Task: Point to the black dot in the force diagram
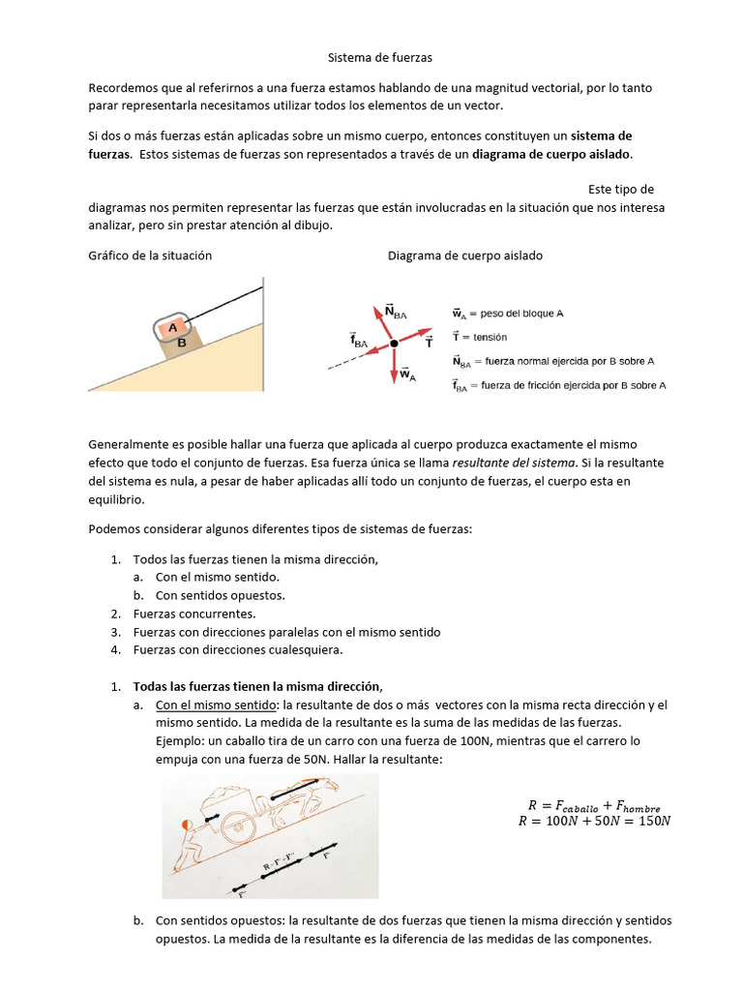pos(394,344)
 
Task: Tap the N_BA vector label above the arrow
pos(395,311)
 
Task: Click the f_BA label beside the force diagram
pos(359,340)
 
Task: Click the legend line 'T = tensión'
pos(478,337)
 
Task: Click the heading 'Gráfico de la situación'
pos(150,255)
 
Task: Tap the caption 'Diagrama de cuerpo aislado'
pos(465,255)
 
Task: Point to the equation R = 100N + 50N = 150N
pos(594,822)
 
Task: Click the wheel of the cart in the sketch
pos(242,824)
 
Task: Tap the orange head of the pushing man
pos(187,825)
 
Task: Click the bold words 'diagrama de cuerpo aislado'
pos(551,153)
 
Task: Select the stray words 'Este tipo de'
pos(620,189)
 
